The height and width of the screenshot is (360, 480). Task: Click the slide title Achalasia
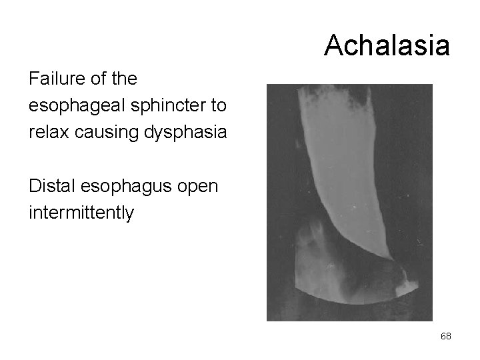[387, 45]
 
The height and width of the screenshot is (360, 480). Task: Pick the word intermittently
[81, 213]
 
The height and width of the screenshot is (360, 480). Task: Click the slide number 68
[445, 336]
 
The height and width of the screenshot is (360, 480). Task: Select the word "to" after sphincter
[217, 105]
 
